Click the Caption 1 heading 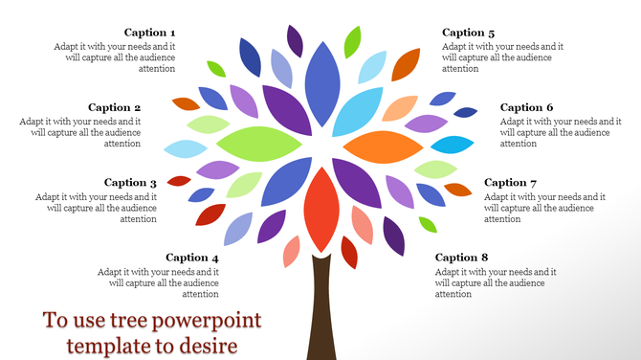tap(150, 33)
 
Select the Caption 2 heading tap(115, 107)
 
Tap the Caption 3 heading tap(131, 183)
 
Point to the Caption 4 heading tap(192, 258)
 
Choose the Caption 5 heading tap(469, 33)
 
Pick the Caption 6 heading tap(527, 107)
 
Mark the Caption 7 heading tap(511, 183)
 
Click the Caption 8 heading tap(462, 258)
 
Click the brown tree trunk tap(320, 316)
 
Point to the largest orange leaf tap(383, 146)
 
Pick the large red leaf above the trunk tap(321, 209)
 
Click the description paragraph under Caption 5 tap(502, 57)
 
